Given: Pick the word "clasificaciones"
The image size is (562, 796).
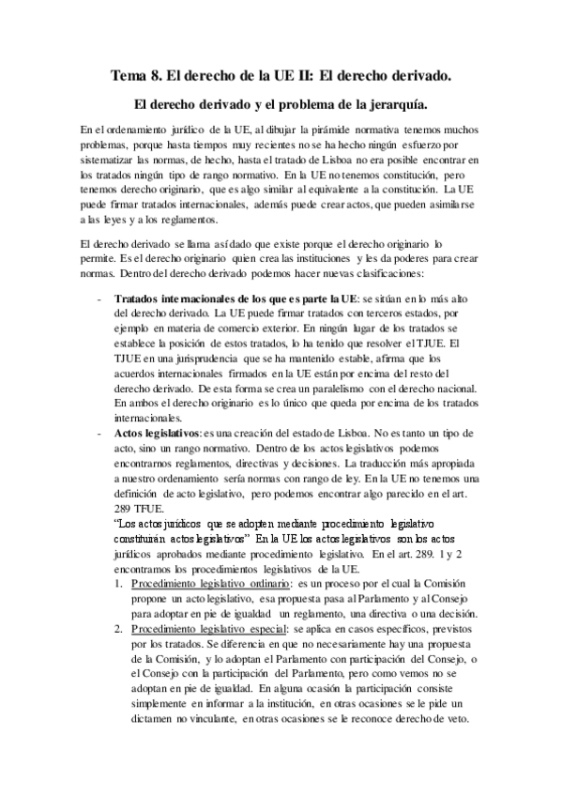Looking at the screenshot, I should [x=382, y=275].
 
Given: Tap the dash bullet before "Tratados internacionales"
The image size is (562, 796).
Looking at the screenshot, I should [x=99, y=299].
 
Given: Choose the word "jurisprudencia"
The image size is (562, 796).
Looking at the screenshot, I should [x=197, y=360].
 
